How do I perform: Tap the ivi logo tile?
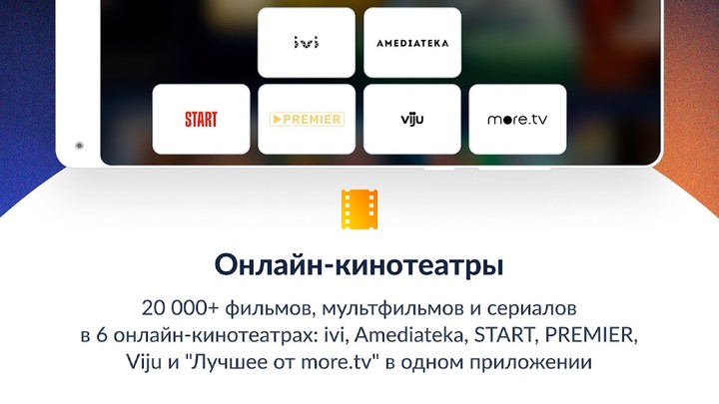(x=306, y=43)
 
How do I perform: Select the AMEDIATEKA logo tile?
(x=412, y=43)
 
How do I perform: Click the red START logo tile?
(x=201, y=120)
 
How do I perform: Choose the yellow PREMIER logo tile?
(x=306, y=120)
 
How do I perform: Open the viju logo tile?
(x=412, y=120)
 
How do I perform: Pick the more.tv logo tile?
(x=517, y=120)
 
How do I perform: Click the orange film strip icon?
(x=359, y=208)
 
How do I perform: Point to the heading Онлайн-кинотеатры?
(x=359, y=266)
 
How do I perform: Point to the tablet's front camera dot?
(x=78, y=146)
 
